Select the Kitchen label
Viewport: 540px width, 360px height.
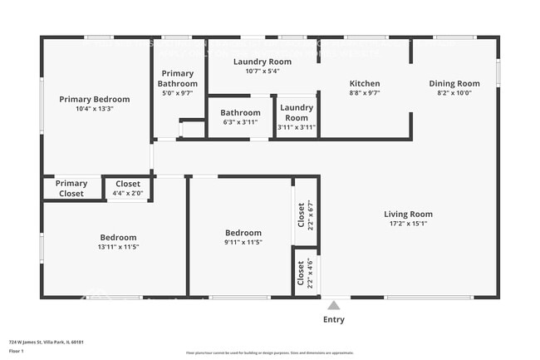coord(364,83)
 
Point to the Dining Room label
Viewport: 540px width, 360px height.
coord(454,83)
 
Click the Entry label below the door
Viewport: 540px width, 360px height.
coord(333,319)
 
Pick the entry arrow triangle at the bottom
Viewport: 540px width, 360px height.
coord(334,303)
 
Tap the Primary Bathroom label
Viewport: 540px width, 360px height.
coord(179,79)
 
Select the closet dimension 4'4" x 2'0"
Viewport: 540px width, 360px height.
coord(128,194)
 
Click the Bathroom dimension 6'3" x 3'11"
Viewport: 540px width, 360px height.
coord(240,122)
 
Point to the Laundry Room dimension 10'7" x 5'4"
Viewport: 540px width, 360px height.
coord(262,72)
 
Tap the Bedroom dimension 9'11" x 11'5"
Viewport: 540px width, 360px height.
coord(243,243)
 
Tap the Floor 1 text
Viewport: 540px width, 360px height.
coord(16,352)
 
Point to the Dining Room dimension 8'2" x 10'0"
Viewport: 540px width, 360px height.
coord(454,93)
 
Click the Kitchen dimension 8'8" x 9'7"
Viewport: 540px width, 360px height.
coord(364,93)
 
